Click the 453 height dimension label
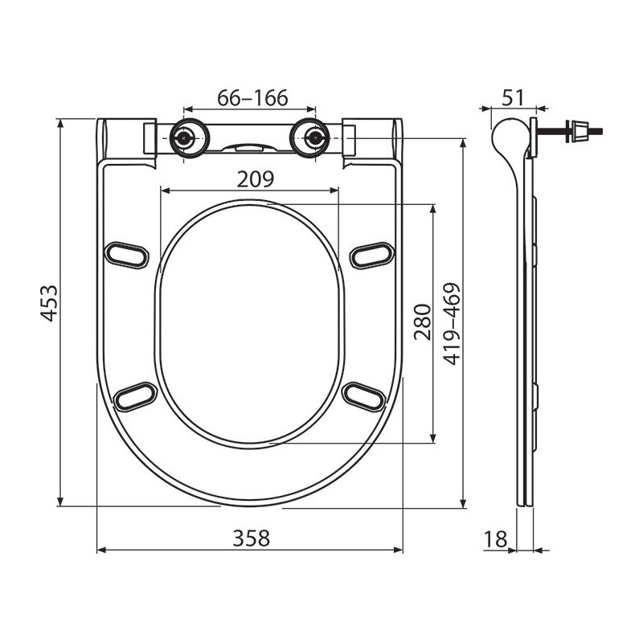49,303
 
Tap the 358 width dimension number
252,539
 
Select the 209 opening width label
255,179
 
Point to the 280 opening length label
423,322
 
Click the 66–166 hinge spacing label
252,98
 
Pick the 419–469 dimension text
452,324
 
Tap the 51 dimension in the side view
513,98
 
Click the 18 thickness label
496,539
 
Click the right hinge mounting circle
309,138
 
